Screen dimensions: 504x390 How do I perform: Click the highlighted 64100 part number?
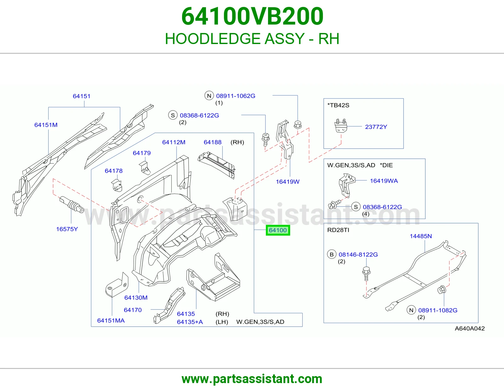pyautogui.click(x=278, y=230)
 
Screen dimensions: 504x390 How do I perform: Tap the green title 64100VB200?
pyautogui.click(x=252, y=16)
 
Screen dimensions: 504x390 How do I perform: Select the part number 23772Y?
pyautogui.click(x=376, y=127)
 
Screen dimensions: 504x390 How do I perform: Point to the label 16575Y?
pyautogui.click(x=67, y=229)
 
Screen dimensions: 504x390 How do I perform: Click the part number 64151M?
pyautogui.click(x=46, y=125)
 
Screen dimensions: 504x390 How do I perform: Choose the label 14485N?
pyautogui.click(x=421, y=236)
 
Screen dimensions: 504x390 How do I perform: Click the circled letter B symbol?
pyautogui.click(x=332, y=254)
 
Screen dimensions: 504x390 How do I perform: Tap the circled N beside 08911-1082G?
pyautogui.click(x=411, y=310)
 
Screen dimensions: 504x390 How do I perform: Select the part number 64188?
pyautogui.click(x=212, y=142)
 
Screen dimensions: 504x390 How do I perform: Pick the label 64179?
pyautogui.click(x=142, y=153)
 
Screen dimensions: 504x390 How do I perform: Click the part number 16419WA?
pyautogui.click(x=384, y=181)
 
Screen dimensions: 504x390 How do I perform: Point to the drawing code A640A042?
pyautogui.click(x=470, y=328)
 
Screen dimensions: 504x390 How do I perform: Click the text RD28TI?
pyautogui.click(x=338, y=230)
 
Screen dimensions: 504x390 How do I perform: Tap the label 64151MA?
pyautogui.click(x=111, y=320)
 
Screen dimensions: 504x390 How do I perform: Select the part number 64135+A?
pyautogui.click(x=190, y=322)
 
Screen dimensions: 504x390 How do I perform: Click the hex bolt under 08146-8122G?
pyautogui.click(x=366, y=274)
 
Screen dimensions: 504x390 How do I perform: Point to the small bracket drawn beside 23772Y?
pyautogui.click(x=341, y=125)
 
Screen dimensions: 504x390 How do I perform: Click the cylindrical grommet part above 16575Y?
pyautogui.click(x=72, y=204)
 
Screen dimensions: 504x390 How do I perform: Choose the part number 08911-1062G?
pyautogui.click(x=236, y=96)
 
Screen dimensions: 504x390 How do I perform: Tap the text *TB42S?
pyautogui.click(x=338, y=105)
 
